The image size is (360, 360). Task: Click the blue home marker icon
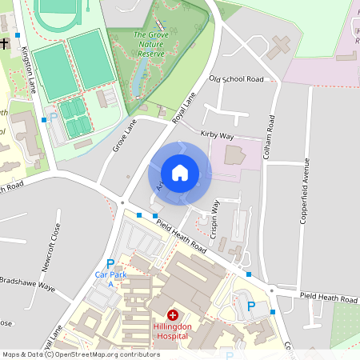(x=180, y=173)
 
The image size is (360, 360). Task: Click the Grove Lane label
(x=126, y=135)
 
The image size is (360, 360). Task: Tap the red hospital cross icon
(x=171, y=316)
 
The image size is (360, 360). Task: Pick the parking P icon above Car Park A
(x=110, y=264)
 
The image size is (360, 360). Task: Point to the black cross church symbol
(x=6, y=43)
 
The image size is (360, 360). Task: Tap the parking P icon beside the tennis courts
(x=54, y=117)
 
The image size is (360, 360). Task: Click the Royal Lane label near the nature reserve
(x=184, y=108)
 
